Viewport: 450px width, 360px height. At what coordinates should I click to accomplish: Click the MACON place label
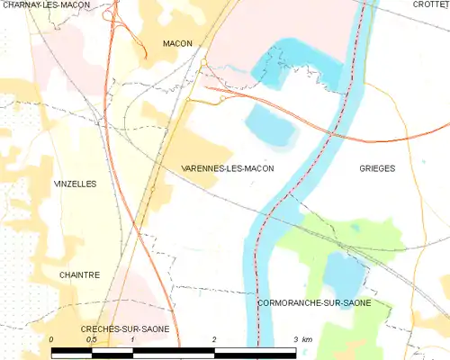point(177,43)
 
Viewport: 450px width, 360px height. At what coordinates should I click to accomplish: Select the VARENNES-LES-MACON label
point(228,168)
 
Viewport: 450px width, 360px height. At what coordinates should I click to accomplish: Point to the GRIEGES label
point(377,168)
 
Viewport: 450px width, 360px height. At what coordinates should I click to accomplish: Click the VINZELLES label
point(76,184)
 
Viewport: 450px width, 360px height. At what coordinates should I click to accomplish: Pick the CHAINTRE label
point(79,274)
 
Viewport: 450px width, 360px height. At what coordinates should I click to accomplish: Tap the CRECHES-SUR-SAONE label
point(125,330)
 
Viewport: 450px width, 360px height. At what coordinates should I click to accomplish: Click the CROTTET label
point(431,4)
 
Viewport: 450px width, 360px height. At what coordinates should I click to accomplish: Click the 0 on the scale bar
point(52,339)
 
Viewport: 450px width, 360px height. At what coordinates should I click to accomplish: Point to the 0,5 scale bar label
point(91,339)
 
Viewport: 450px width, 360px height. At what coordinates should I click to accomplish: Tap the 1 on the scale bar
point(132,339)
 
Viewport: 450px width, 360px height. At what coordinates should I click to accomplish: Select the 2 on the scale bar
point(214,339)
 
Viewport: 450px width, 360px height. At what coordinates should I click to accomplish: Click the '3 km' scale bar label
point(302,339)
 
